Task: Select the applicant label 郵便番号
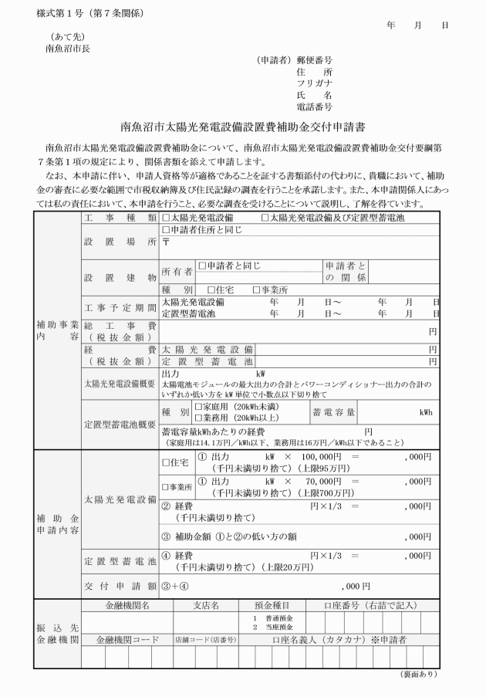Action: pyautogui.click(x=314, y=59)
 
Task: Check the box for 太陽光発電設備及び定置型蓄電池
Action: pyautogui.click(x=266, y=219)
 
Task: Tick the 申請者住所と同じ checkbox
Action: pyautogui.click(x=166, y=229)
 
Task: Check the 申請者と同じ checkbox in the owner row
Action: pyautogui.click(x=202, y=266)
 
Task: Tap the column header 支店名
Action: pyautogui.click(x=206, y=605)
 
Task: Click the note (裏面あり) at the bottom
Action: pyautogui.click(x=420, y=674)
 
